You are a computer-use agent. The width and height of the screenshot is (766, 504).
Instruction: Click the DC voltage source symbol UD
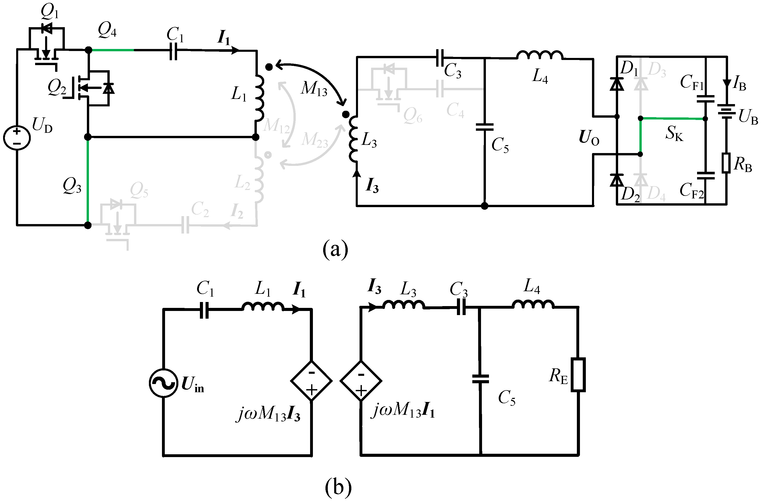click(17, 137)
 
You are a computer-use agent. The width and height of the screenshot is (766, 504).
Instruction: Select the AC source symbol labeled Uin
click(164, 383)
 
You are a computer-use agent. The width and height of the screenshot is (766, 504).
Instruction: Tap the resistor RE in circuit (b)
click(578, 375)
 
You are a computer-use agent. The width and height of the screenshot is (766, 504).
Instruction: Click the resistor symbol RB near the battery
click(726, 163)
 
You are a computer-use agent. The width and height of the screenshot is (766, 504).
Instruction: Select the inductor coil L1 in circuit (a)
click(259, 98)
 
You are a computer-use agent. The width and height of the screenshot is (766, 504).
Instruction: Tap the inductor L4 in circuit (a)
click(540, 55)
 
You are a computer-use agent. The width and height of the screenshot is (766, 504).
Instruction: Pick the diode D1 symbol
click(617, 84)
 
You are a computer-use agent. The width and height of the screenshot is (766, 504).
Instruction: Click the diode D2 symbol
click(617, 180)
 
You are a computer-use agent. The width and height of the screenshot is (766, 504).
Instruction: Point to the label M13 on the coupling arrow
click(314, 88)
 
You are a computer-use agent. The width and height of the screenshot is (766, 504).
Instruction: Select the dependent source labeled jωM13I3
click(311, 381)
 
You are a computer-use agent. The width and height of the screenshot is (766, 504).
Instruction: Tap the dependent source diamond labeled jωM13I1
click(361, 381)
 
